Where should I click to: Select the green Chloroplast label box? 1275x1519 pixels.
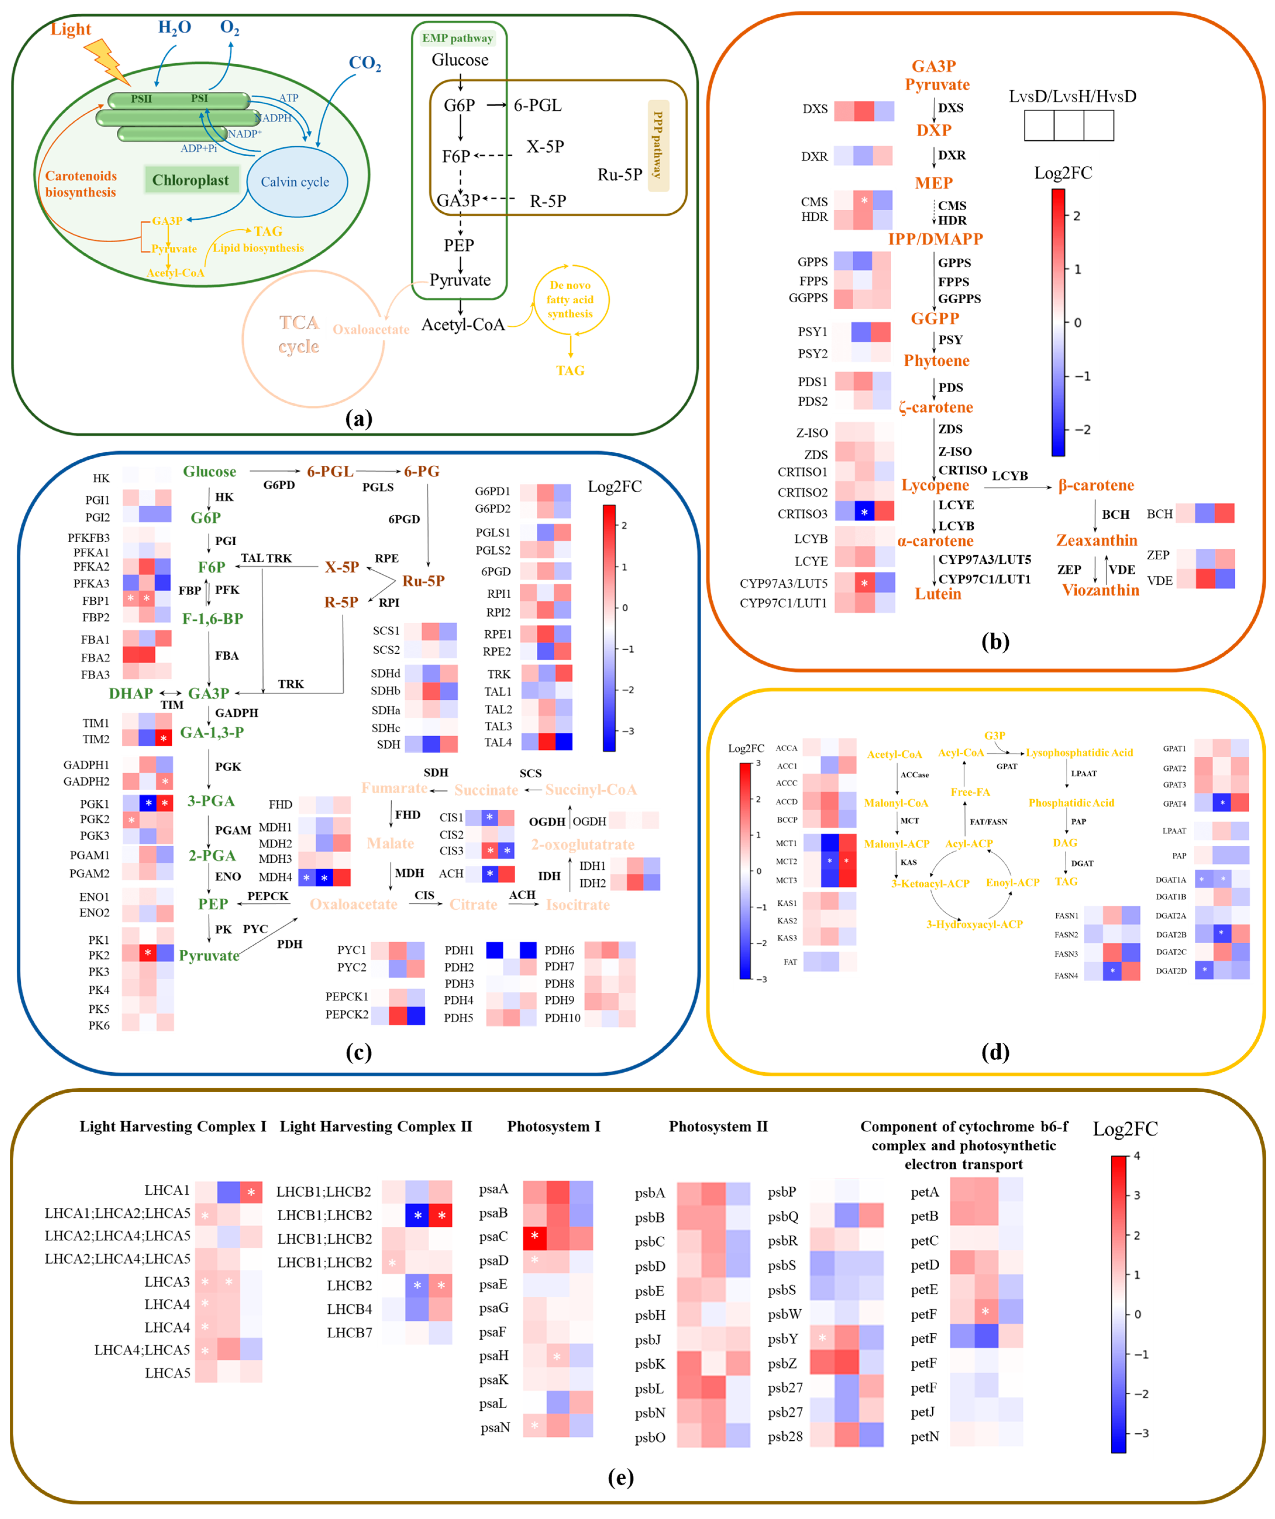pyautogui.click(x=191, y=180)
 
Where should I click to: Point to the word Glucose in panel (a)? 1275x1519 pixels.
pyautogui.click(x=460, y=60)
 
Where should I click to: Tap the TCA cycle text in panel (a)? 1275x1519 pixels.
pyautogui.click(x=299, y=334)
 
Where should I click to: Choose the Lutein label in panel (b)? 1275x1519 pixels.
pyautogui.click(x=938, y=594)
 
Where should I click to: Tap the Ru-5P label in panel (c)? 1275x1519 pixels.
pyautogui.click(x=423, y=581)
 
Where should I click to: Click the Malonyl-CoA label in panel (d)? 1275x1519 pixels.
pyautogui.click(x=896, y=803)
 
